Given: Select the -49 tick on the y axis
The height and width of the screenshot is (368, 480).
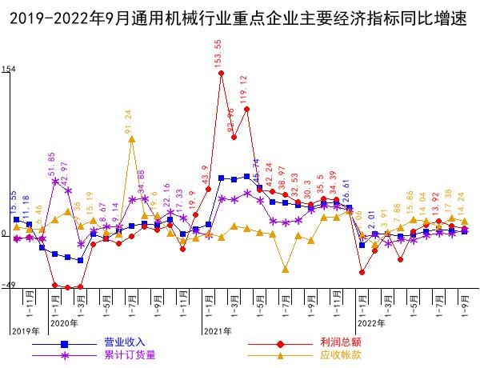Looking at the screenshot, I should point(8,286).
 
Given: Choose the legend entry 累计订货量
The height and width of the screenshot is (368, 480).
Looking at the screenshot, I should point(128,354).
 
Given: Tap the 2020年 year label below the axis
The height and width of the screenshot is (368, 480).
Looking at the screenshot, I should point(63,323).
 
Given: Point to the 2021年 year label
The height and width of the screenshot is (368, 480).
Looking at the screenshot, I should point(218,330).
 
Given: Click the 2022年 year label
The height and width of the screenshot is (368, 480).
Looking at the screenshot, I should point(371,323).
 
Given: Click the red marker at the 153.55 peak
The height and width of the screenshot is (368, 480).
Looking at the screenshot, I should point(221,74).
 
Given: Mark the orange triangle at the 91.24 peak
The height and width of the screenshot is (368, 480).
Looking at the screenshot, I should point(132,139).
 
